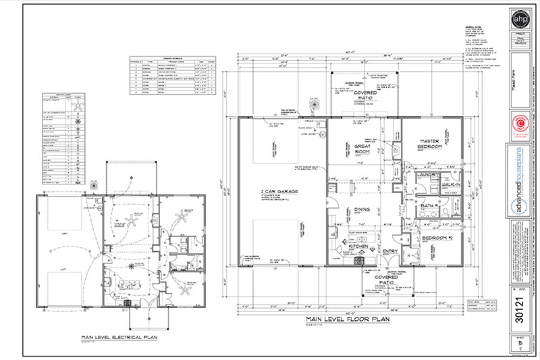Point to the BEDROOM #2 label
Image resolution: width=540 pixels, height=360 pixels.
437,239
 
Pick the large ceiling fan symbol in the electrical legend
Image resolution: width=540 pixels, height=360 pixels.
80,108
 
